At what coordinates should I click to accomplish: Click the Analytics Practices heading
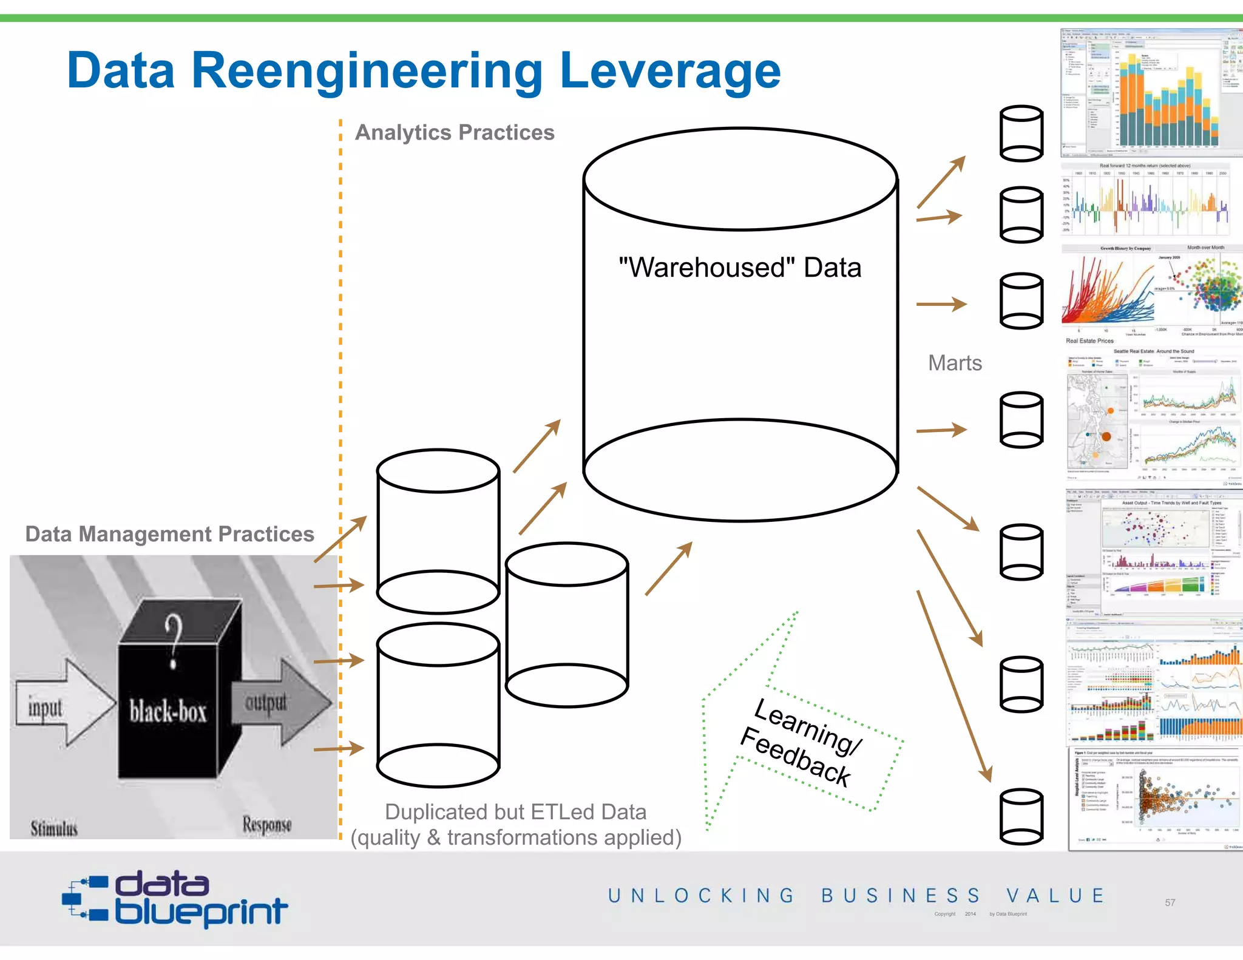[x=455, y=132]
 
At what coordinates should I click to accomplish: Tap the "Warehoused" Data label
[x=739, y=268]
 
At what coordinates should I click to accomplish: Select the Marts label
[x=954, y=363]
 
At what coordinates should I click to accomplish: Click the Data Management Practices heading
[x=169, y=534]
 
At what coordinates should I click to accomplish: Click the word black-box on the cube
[x=168, y=711]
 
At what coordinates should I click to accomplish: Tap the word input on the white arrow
[x=45, y=708]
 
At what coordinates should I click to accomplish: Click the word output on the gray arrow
[x=266, y=702]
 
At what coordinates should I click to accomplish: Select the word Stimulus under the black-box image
[x=54, y=828]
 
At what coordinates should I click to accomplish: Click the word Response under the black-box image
[x=267, y=824]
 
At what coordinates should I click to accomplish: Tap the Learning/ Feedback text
[x=801, y=742]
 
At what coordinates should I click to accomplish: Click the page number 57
[x=1170, y=902]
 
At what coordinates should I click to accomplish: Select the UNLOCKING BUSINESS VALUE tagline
[x=856, y=896]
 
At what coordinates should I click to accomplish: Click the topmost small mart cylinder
[x=1021, y=134]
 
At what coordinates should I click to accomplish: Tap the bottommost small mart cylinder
[x=1021, y=816]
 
